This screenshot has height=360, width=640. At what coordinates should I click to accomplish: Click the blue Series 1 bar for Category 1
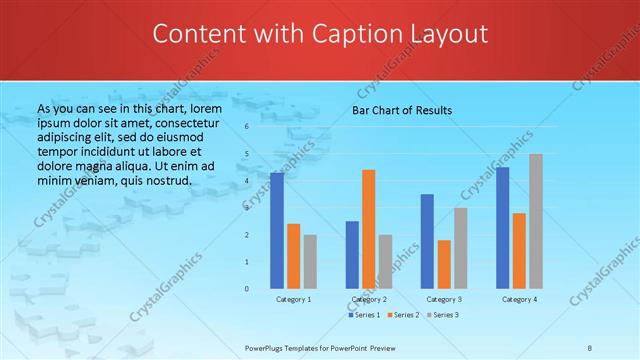click(x=277, y=230)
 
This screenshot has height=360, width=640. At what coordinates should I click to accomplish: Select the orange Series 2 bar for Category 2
click(x=369, y=229)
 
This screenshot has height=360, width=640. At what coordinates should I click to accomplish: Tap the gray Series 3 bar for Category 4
click(x=536, y=221)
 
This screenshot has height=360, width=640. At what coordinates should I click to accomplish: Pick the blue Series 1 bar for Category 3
click(x=427, y=241)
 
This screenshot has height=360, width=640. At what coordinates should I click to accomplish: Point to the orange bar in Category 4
click(x=519, y=250)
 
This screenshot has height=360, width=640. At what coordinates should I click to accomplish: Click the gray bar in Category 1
click(x=310, y=262)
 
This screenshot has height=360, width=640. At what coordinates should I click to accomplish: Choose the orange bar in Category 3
click(x=444, y=264)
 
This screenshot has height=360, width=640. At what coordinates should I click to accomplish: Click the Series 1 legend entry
click(x=365, y=315)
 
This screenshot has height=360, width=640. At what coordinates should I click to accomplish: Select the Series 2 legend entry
click(x=404, y=315)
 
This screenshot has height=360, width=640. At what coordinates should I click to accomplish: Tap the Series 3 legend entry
click(x=443, y=315)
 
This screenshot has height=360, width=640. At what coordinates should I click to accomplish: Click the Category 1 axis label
click(x=294, y=299)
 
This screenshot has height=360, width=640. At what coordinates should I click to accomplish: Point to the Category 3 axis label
click(x=444, y=299)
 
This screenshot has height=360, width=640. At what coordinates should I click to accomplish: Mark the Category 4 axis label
click(x=519, y=299)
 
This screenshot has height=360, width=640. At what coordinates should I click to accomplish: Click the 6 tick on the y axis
click(x=246, y=127)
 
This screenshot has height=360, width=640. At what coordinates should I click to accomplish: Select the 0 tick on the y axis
click(x=246, y=289)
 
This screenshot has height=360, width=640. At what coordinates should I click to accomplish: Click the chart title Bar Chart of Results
click(x=402, y=110)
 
